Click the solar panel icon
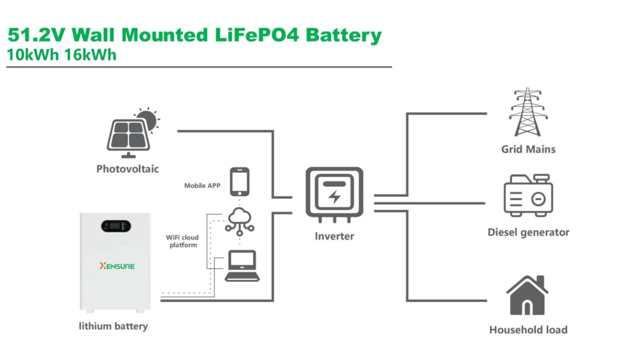127,135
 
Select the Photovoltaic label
127,169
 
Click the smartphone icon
239,181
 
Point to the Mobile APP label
203,186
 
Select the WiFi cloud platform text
183,241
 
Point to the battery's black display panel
115,226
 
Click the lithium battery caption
113,326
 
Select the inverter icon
334,193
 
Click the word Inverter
334,236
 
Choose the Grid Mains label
528,150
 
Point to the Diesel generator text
528,232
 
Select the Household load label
528,330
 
